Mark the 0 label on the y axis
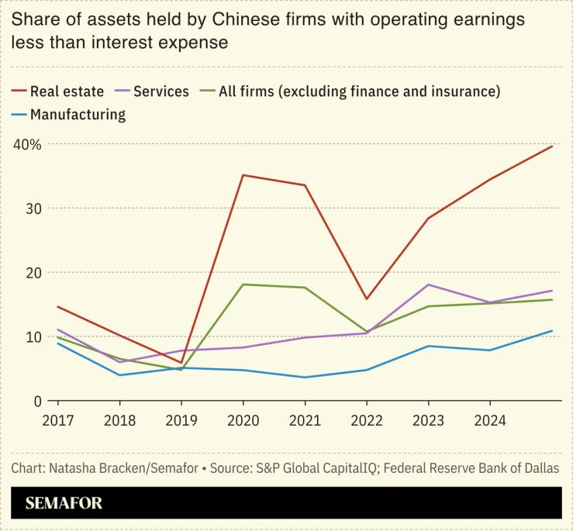(x=36, y=401)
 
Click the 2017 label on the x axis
(x=57, y=420)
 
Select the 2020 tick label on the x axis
(x=243, y=420)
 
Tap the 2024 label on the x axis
(x=490, y=420)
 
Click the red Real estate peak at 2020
(x=243, y=175)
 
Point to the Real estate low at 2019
(x=181, y=363)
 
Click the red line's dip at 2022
(x=367, y=299)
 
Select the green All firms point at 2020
(x=243, y=284)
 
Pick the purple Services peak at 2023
(x=429, y=284)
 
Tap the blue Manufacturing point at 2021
(x=305, y=378)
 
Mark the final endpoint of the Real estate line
(x=552, y=146)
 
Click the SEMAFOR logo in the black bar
(x=64, y=503)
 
